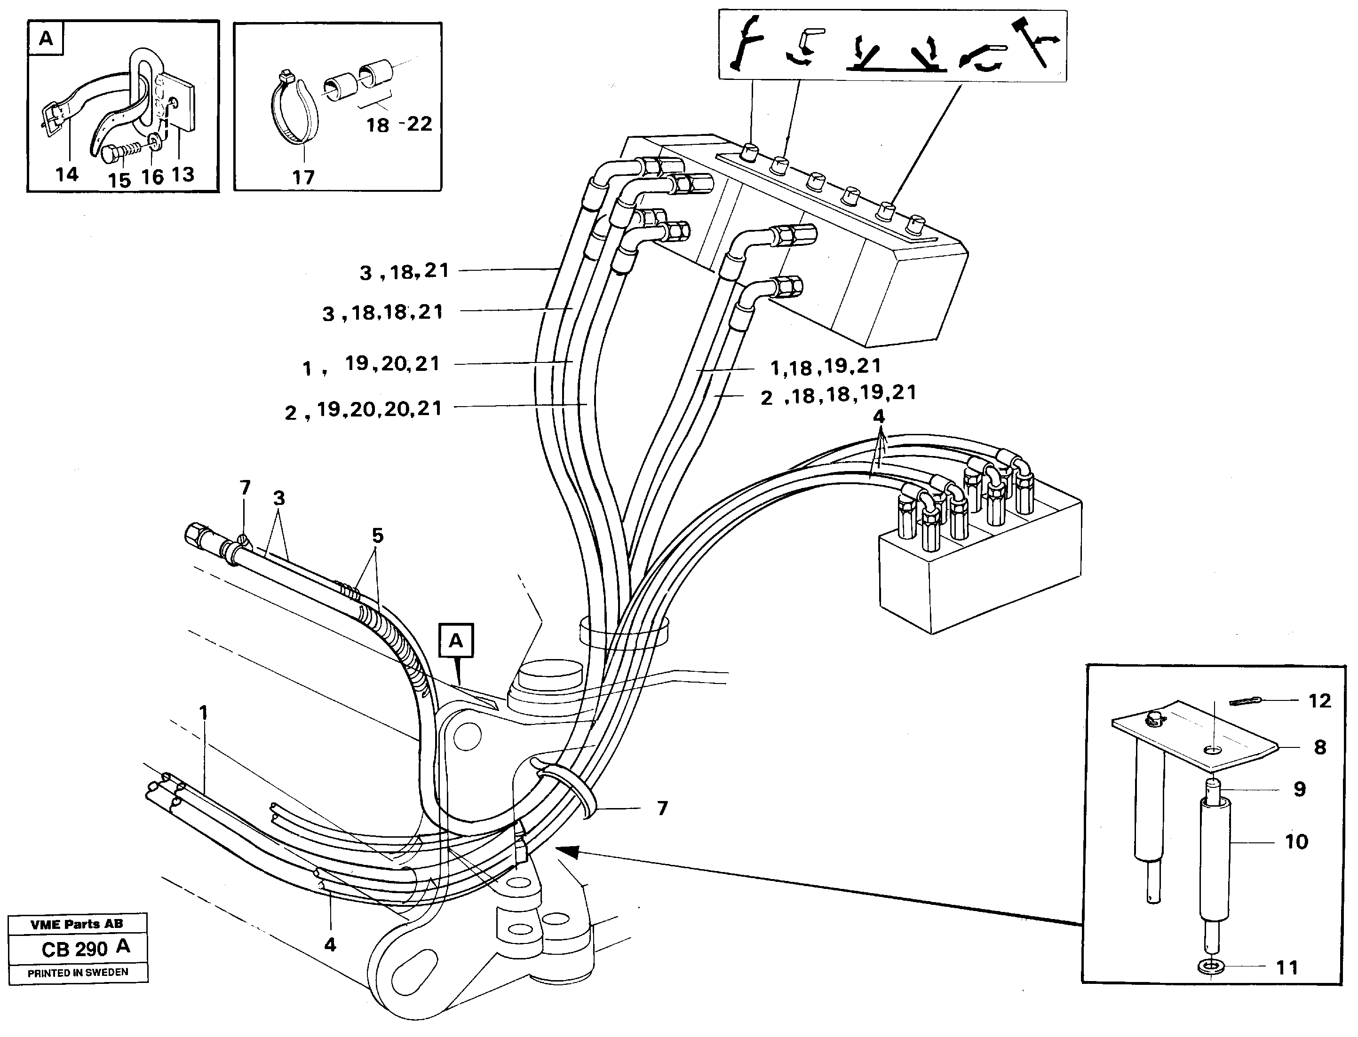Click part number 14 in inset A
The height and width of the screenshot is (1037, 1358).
67,175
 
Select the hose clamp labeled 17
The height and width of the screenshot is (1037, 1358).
296,111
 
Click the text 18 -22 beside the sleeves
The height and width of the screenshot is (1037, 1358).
399,125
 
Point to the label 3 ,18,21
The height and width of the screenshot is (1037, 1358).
405,272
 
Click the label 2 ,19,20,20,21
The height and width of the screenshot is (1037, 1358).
363,410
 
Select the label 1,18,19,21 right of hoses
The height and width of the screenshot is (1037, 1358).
826,367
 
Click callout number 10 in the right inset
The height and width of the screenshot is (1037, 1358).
1296,842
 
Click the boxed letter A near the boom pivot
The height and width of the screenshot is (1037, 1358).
456,641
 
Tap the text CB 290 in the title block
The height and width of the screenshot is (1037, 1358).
75,949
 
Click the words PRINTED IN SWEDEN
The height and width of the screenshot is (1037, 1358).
78,973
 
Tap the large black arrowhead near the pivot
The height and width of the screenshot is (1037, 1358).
568,852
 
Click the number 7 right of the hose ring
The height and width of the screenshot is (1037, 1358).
662,808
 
